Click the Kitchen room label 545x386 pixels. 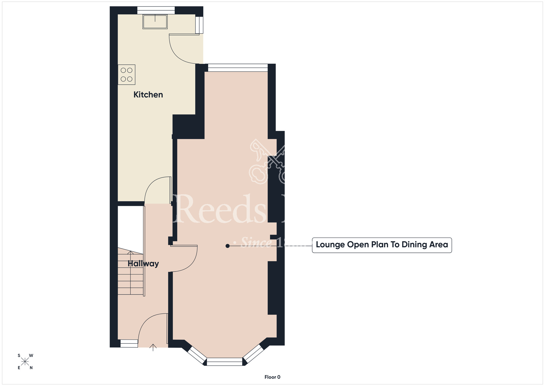click(x=148, y=95)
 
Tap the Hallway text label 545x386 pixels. click(x=143, y=264)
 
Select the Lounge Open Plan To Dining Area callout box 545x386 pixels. click(x=381, y=245)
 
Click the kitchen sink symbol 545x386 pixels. click(x=155, y=22)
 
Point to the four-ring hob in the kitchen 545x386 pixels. click(x=126, y=75)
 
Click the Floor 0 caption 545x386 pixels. click(x=272, y=377)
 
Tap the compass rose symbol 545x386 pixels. click(x=25, y=362)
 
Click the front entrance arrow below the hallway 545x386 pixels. click(x=153, y=347)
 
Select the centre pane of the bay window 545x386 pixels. click(x=225, y=362)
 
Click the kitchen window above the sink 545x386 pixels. click(x=156, y=10)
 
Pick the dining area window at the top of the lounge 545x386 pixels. click(x=238, y=68)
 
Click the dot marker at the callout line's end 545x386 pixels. click(x=228, y=246)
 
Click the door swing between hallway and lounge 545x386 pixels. click(x=188, y=262)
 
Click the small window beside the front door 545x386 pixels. click(x=129, y=343)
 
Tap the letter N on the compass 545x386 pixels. click(x=31, y=368)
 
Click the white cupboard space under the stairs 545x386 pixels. click(x=130, y=227)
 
